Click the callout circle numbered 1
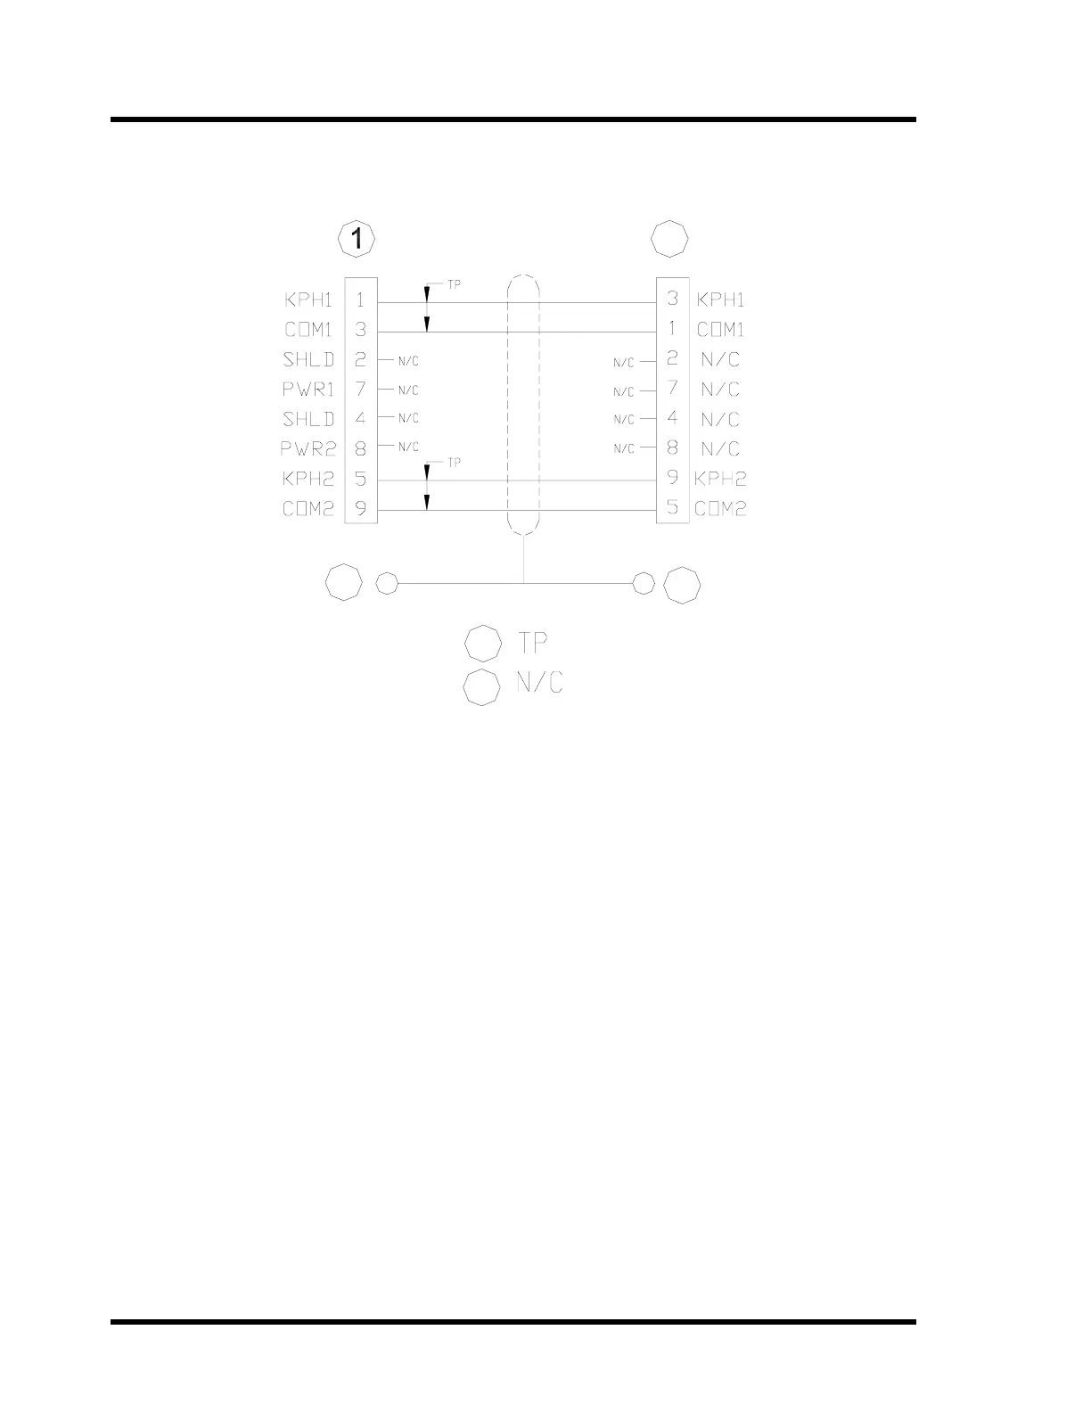[x=357, y=239]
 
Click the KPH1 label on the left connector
[x=308, y=300]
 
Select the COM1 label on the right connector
[x=720, y=329]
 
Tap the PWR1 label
[x=308, y=390]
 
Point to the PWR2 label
[x=308, y=448]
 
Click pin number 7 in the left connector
[x=361, y=390]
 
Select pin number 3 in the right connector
[x=673, y=299]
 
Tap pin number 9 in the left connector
[x=361, y=510]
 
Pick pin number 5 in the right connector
[x=673, y=508]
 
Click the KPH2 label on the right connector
[x=720, y=479]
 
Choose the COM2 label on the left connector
[x=308, y=509]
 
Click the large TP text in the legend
[x=532, y=643]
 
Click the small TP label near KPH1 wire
[x=454, y=285]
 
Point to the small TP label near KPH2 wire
[x=454, y=463]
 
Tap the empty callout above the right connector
[x=670, y=239]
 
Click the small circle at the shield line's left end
[x=387, y=584]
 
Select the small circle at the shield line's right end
[x=643, y=584]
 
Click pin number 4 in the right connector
[x=673, y=418]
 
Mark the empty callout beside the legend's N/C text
[x=482, y=686]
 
